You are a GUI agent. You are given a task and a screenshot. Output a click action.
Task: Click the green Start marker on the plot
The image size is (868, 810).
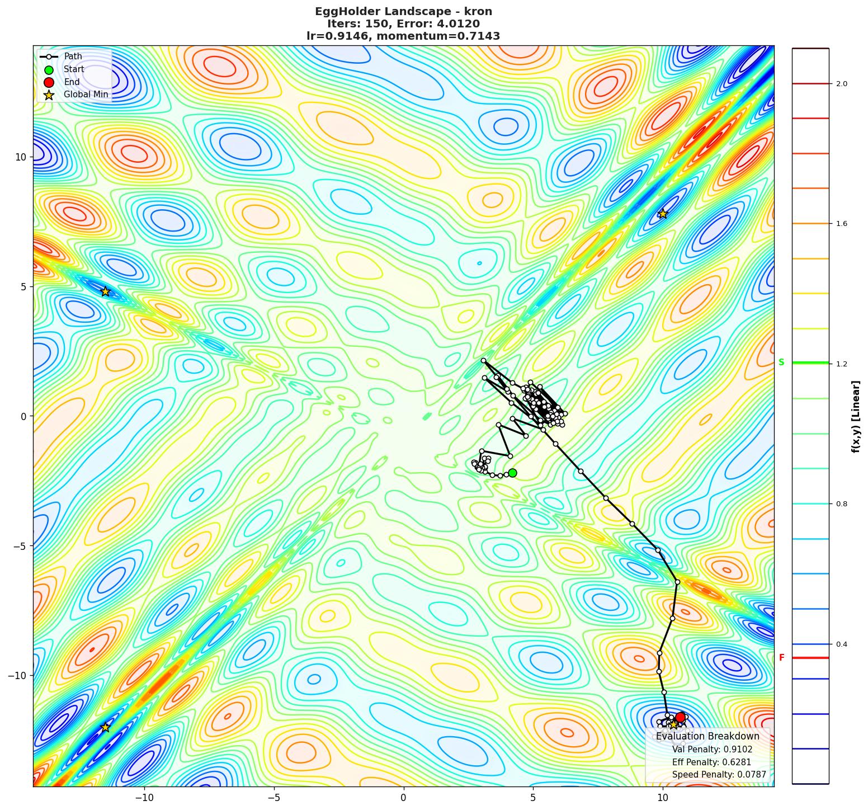(x=512, y=473)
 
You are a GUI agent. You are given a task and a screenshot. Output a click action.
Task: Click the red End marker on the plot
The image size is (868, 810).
(x=680, y=717)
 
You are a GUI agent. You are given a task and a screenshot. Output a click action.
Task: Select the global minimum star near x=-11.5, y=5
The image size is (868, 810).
(x=105, y=291)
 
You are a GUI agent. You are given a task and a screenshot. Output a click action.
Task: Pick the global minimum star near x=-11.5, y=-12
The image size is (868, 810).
(x=105, y=727)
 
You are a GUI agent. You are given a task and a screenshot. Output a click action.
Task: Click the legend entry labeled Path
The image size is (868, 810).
(x=73, y=56)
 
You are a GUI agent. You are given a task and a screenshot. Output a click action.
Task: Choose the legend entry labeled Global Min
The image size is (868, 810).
(x=86, y=95)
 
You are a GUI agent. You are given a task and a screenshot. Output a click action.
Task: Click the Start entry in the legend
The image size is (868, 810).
(x=74, y=69)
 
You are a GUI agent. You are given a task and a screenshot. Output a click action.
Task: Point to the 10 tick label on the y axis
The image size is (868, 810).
(x=21, y=157)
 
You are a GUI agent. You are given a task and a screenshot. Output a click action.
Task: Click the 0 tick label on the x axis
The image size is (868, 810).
(x=403, y=797)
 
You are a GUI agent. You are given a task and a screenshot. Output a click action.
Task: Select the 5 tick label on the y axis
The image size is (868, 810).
(x=23, y=286)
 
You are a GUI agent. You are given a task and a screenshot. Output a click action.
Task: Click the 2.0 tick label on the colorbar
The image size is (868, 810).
(x=841, y=84)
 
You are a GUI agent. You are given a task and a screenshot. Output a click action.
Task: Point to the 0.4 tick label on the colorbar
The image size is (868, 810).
(x=841, y=644)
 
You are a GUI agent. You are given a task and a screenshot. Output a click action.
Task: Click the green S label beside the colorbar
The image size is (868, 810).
(x=781, y=362)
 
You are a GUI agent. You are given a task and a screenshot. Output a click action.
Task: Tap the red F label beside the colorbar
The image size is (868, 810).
(x=781, y=658)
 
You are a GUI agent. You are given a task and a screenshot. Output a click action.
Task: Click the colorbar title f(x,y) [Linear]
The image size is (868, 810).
(x=856, y=416)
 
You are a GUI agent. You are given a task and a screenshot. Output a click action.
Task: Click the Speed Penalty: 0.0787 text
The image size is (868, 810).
(x=719, y=775)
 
